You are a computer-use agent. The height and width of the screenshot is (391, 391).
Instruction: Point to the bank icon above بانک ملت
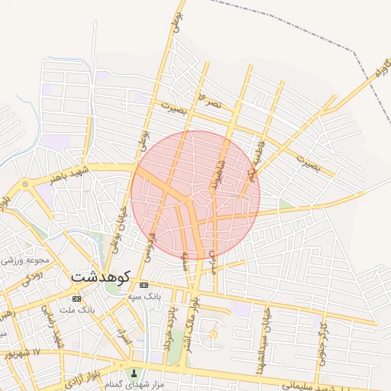(76, 299)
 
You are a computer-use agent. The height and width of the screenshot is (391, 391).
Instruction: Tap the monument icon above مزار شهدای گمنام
(136, 374)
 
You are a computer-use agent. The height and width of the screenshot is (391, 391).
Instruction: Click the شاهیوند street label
(215, 176)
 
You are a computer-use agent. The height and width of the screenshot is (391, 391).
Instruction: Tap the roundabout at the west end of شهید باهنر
(26, 184)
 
